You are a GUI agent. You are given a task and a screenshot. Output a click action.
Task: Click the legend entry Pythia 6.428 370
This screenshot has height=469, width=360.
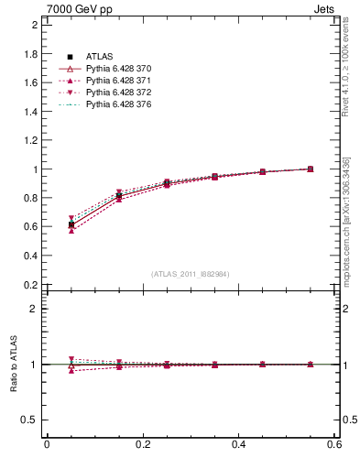[x=118, y=69]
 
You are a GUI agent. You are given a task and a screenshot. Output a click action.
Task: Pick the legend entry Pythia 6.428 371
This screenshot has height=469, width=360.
[x=118, y=81]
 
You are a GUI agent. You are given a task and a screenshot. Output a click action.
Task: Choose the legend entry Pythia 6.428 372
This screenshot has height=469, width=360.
[x=118, y=93]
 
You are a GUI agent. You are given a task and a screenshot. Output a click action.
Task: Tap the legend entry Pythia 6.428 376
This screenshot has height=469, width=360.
[x=118, y=104]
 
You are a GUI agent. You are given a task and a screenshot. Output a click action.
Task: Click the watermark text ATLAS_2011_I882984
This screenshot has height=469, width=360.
[x=191, y=274]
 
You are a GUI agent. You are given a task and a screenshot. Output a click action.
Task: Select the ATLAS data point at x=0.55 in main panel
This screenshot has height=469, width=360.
[x=311, y=169]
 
